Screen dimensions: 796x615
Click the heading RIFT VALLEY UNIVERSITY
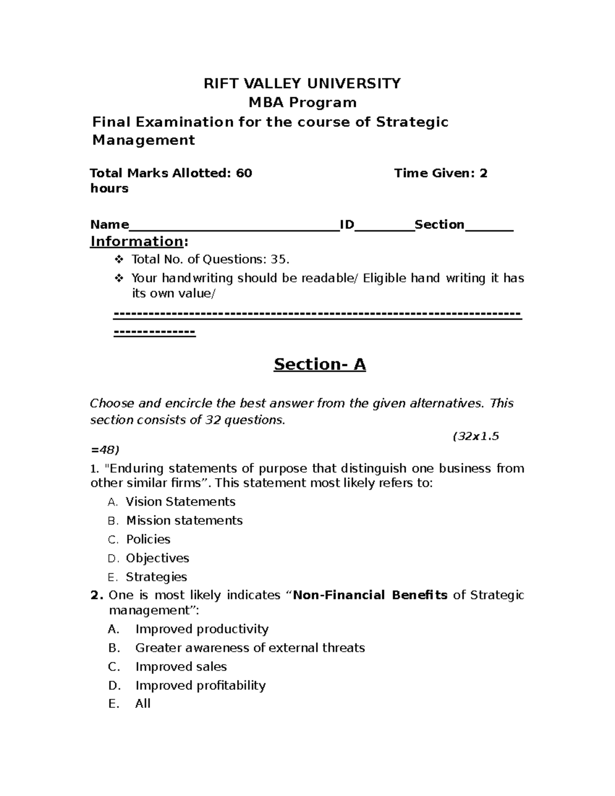coord(302,84)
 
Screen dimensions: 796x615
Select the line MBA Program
coord(302,103)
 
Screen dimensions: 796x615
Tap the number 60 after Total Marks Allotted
coord(244,173)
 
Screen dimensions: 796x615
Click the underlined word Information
coord(137,241)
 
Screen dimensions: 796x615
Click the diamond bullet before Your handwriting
coord(119,278)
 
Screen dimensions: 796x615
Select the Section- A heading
coord(320,364)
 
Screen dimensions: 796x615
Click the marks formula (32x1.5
coord(476,437)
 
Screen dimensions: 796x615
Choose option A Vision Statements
coord(180,502)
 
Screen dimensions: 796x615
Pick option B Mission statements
coord(184,521)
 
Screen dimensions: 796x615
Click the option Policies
coord(148,539)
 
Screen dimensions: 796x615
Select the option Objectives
coord(157,558)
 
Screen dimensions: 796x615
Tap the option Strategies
coord(156,577)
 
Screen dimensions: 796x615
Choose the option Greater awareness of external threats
coord(250,648)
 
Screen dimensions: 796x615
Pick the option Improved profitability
coord(200,686)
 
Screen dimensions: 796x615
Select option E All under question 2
coord(142,704)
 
